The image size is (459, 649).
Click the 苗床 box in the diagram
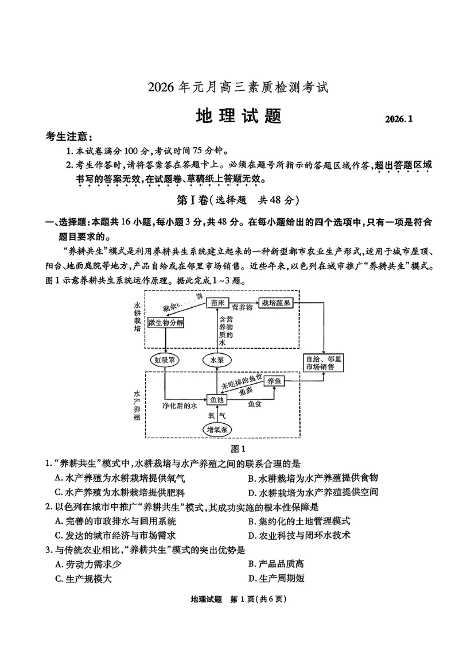click(x=217, y=303)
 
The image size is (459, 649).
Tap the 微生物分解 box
click(x=166, y=323)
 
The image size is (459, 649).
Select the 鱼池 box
click(x=217, y=399)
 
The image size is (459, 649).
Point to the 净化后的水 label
click(x=180, y=405)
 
